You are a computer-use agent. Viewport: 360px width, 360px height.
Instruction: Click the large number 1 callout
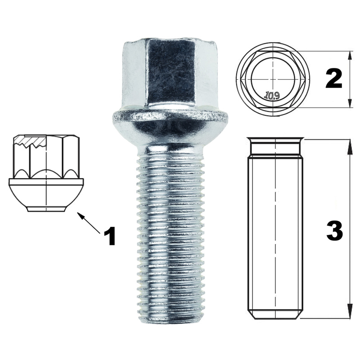click(x=109, y=236)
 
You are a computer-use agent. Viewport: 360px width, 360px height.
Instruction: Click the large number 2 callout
click(x=334, y=78)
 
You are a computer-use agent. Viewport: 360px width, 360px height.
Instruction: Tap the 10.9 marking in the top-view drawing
click(x=273, y=95)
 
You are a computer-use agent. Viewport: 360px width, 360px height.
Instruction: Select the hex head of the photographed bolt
click(x=170, y=73)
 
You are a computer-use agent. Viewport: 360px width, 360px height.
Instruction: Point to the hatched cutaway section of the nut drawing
click(x=29, y=141)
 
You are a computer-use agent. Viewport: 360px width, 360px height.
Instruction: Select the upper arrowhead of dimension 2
click(x=350, y=55)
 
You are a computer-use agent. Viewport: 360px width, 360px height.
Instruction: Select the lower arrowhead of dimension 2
click(x=350, y=103)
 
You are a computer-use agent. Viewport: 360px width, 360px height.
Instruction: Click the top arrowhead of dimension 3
click(x=350, y=145)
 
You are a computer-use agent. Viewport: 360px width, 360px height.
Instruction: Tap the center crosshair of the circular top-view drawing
click(x=273, y=79)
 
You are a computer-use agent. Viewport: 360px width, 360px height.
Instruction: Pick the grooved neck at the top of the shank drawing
click(x=275, y=147)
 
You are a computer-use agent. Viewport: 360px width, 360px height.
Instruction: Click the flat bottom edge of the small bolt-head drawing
click(x=46, y=211)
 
